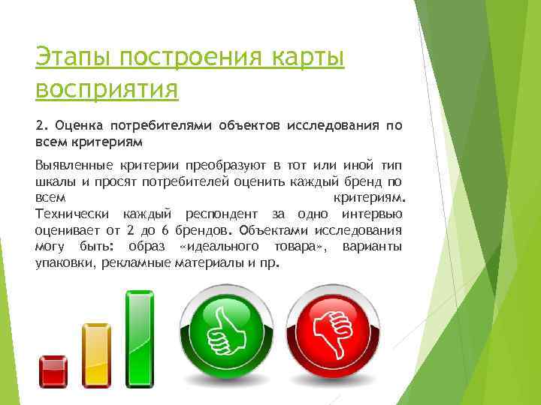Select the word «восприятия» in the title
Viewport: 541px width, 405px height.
click(x=106, y=88)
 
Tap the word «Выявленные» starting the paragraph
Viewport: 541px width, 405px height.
click(x=74, y=164)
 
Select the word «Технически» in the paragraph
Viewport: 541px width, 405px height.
click(x=71, y=214)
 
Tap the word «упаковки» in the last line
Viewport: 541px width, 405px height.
click(x=63, y=264)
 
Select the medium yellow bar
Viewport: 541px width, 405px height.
click(x=96, y=355)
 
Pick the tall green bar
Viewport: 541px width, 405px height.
click(x=140, y=338)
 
